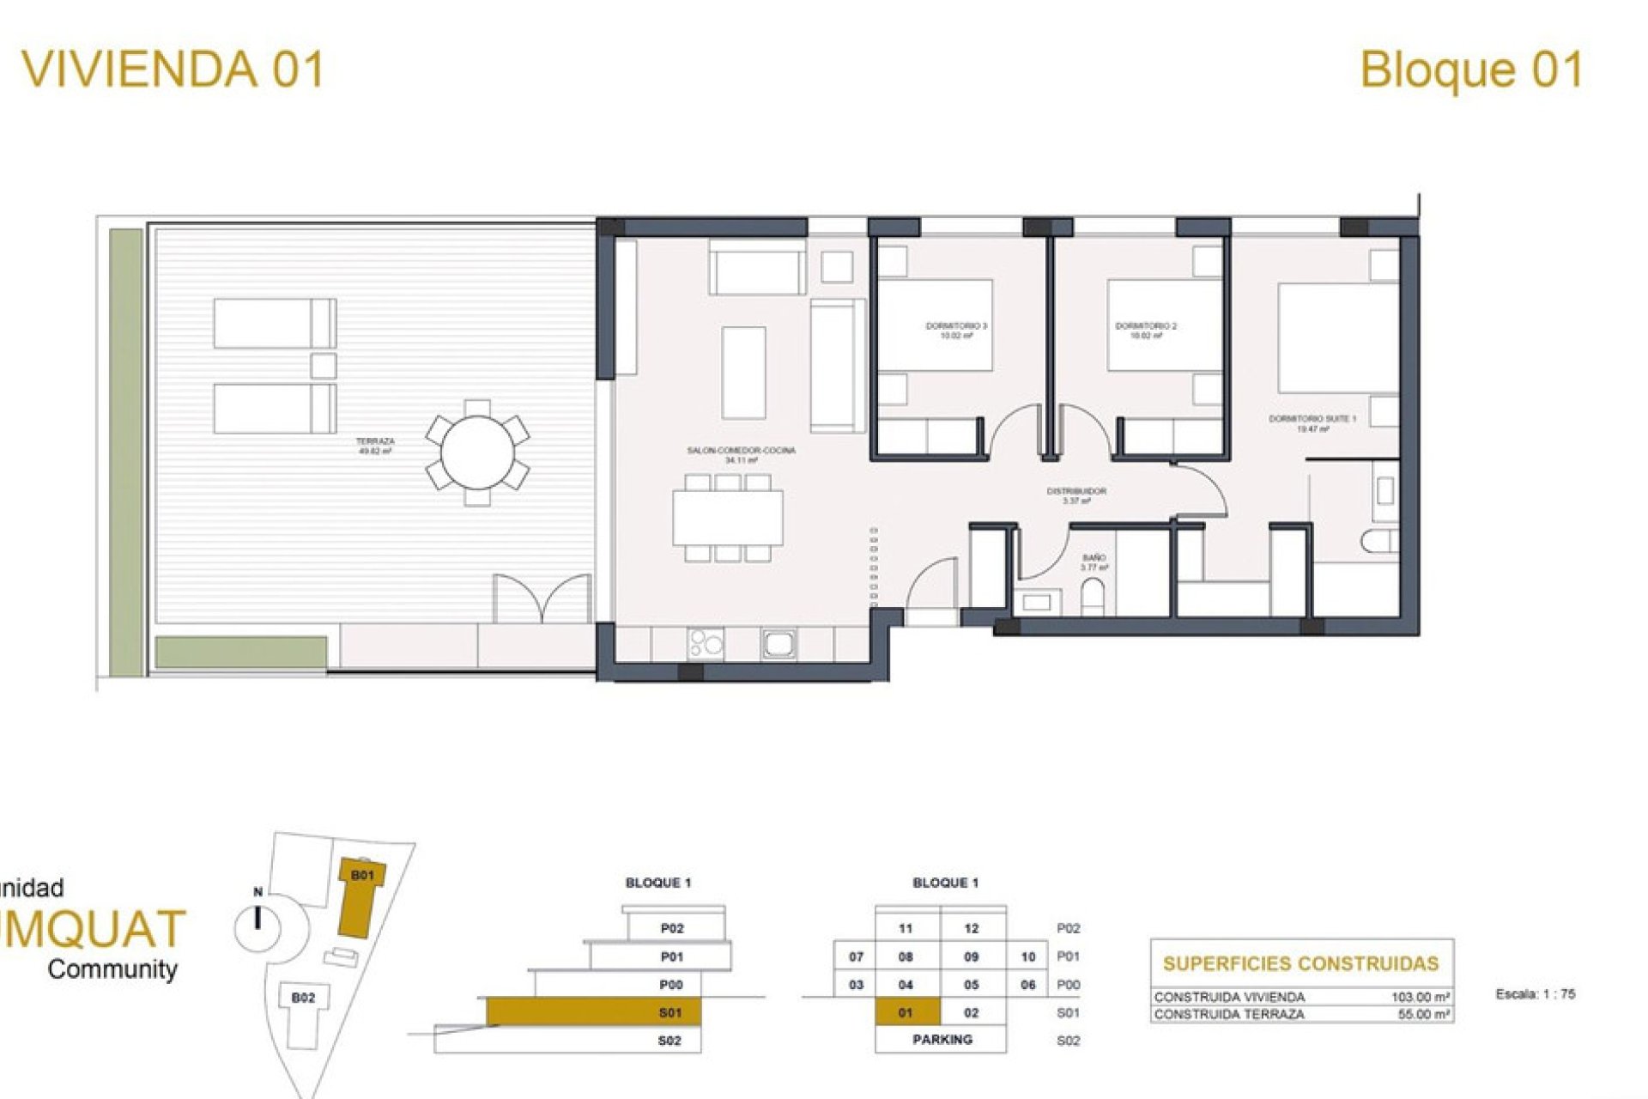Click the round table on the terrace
[476, 452]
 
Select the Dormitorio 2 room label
[1145, 331]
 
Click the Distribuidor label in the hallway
[1075, 495]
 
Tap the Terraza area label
[375, 445]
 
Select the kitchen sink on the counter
[779, 644]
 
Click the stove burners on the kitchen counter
[705, 644]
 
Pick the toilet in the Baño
[1093, 597]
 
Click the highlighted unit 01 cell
[906, 1012]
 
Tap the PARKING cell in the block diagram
[942, 1040]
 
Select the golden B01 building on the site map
[360, 897]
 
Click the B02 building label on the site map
[303, 998]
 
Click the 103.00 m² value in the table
[1420, 997]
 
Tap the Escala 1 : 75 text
[1535, 994]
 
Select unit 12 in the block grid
[971, 928]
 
